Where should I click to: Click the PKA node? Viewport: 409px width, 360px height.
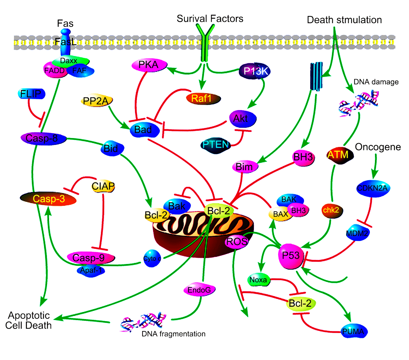[x=149, y=65]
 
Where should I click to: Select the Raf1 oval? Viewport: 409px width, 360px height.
[x=203, y=99]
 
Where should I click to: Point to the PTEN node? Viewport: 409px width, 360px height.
[x=215, y=145]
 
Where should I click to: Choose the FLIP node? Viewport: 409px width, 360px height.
[x=31, y=94]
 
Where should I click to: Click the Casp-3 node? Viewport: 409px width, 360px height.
[x=49, y=199]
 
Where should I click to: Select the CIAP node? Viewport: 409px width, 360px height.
[x=103, y=186]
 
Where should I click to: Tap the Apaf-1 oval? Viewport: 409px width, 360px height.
[x=91, y=270]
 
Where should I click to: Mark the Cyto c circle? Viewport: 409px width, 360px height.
[x=152, y=259]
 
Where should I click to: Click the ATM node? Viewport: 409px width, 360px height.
[x=338, y=155]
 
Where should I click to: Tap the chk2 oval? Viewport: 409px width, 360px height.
[x=331, y=210]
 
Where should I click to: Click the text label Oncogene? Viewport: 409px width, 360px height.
[x=378, y=147]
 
